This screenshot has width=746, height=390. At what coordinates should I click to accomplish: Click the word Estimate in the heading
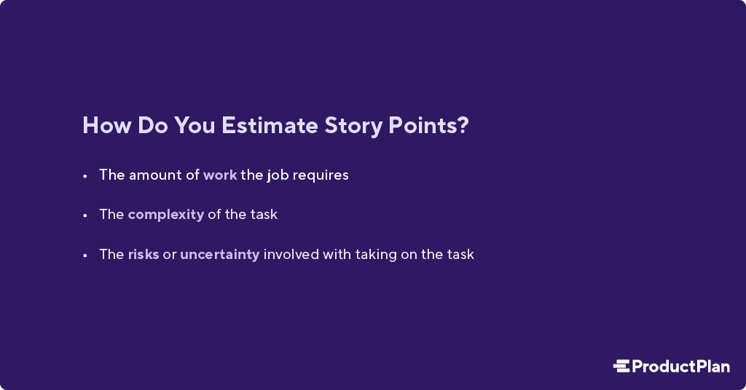point(270,125)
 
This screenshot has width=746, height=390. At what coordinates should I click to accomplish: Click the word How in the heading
point(104,125)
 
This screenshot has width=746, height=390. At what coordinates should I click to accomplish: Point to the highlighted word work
point(220,175)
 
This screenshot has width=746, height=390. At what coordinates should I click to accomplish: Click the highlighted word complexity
point(165,215)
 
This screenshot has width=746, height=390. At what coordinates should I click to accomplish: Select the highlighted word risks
point(143,255)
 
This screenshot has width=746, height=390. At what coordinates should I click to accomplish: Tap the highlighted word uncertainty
point(219,255)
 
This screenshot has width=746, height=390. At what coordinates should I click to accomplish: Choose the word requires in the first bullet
point(321,175)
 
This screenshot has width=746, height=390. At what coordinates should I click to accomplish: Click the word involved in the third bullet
point(291,255)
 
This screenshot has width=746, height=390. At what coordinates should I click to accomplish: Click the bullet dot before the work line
point(85,175)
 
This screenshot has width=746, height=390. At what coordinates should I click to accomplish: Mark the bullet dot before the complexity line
point(85,215)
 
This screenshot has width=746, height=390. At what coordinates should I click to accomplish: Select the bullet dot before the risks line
point(85,255)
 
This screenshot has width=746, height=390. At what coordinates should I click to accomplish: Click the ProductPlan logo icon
point(621,366)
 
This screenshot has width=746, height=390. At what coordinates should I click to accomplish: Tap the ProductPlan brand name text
point(680,366)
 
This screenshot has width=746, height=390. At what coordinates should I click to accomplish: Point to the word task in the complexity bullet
point(263,215)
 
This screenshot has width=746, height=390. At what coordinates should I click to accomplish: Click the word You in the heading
point(194,125)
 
